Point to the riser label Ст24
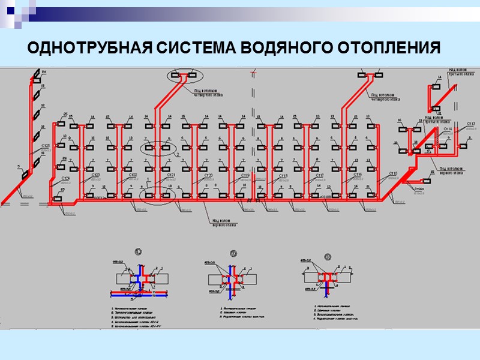[x=65, y=178]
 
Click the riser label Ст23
[x=95, y=175]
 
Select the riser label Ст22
[x=133, y=175]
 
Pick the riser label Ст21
[x=170, y=175]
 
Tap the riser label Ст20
[x=209, y=175]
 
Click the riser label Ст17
[x=320, y=175]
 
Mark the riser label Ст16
[x=358, y=175]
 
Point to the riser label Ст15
[x=394, y=173]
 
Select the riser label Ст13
[x=470, y=124]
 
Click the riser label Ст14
[x=448, y=128]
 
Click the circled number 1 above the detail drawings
[x=139, y=251]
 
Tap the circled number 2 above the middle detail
[x=235, y=253]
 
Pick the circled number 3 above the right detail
[x=328, y=256]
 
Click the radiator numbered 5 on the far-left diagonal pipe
[x=26, y=175]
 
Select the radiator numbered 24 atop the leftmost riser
[x=37, y=74]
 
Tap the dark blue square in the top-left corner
[x=10, y=10]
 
